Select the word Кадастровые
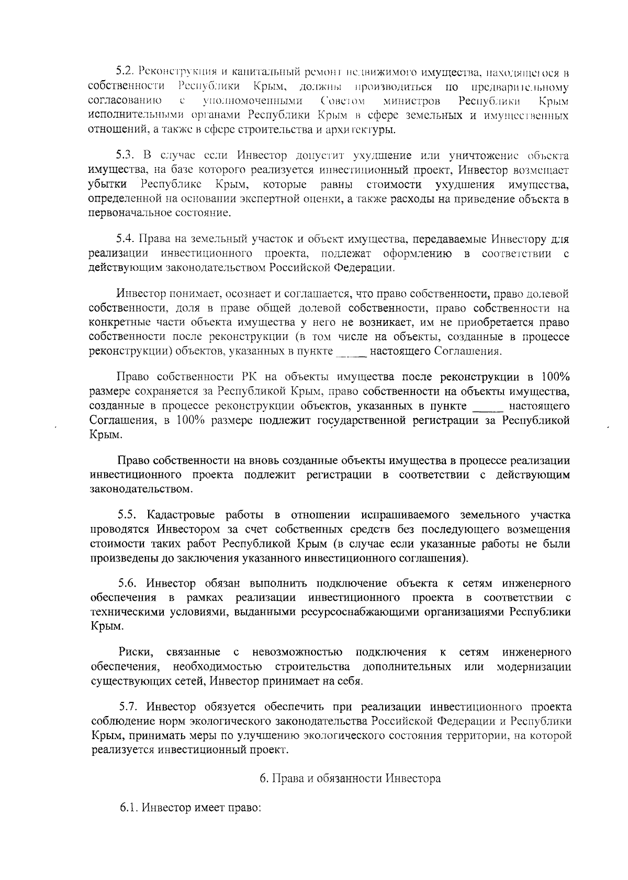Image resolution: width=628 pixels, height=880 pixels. (182, 514)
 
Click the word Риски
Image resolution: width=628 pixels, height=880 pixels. (136, 652)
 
